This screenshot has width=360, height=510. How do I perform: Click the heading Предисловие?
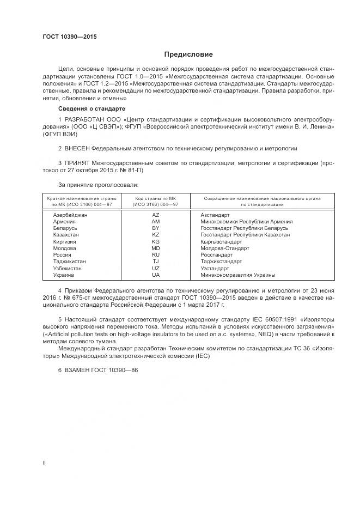click(188, 54)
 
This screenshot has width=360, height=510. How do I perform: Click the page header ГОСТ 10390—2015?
click(69, 37)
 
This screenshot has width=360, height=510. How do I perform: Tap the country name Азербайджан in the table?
click(70, 215)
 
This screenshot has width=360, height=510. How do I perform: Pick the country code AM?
click(156, 222)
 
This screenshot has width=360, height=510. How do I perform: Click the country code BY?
click(156, 228)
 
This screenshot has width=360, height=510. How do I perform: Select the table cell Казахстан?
click(66, 235)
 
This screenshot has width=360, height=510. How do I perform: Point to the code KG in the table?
click(156, 241)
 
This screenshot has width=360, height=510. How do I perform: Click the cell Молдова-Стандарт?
click(225, 248)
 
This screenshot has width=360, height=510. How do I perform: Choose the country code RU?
click(156, 254)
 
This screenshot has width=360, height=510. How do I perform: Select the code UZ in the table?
click(156, 268)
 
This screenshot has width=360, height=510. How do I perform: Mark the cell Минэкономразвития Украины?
click(238, 275)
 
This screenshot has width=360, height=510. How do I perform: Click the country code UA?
click(156, 275)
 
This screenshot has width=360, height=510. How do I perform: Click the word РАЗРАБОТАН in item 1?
click(83, 119)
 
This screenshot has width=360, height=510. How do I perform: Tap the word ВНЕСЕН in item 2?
click(76, 148)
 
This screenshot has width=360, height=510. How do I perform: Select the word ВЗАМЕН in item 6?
click(76, 370)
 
